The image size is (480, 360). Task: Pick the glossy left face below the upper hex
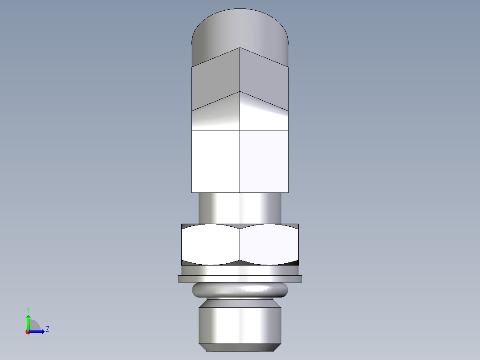(216, 116)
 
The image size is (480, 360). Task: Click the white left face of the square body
(216, 161)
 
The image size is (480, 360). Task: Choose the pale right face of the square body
(264, 161)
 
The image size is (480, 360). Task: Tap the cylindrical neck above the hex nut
(240, 208)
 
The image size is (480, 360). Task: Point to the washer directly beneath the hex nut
(240, 270)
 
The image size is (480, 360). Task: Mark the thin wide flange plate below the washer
(240, 279)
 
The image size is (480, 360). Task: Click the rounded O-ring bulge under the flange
(240, 290)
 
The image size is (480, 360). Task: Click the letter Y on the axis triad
(28, 309)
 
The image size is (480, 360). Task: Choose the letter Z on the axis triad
(47, 329)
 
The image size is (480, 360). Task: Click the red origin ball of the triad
(28, 332)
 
